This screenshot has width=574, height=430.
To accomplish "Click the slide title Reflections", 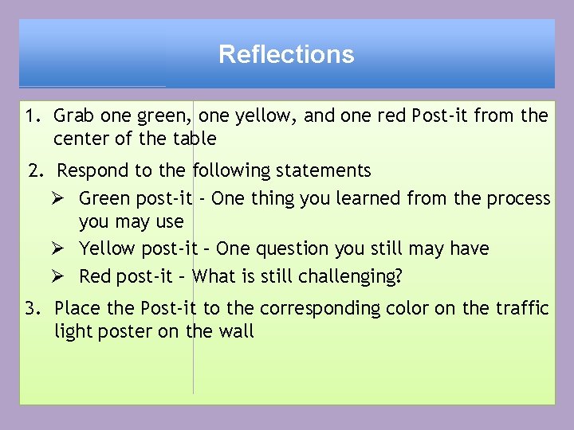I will (x=286, y=54).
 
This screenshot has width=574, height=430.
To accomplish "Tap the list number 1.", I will (x=31, y=116).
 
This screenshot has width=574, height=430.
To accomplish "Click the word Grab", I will (x=72, y=116).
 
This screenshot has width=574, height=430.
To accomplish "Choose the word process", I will (x=517, y=199).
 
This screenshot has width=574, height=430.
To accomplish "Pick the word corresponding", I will (x=309, y=309).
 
